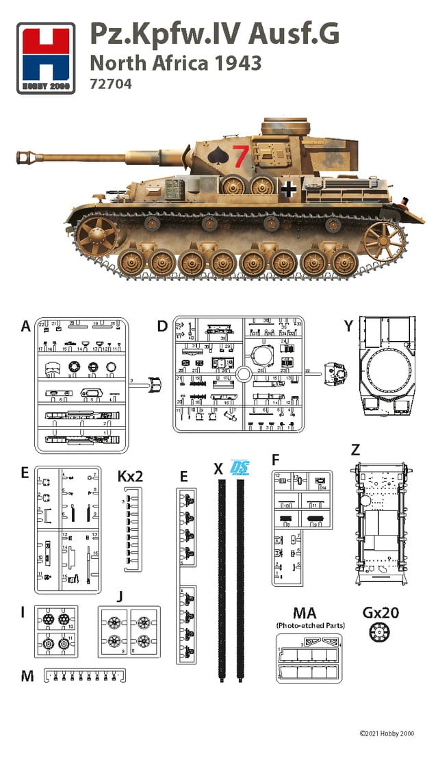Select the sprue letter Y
[349, 327]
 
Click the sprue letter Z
[355, 451]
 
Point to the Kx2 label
[130, 475]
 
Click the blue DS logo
[240, 467]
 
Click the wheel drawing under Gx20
[376, 631]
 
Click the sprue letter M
[27, 677]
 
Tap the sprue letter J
[120, 597]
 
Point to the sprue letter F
[276, 459]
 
